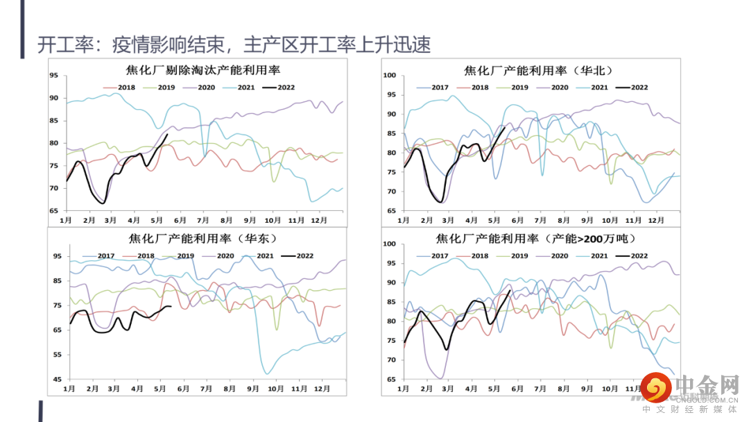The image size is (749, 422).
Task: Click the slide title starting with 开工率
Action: (234, 45)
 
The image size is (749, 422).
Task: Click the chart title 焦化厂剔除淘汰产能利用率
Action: (198, 70)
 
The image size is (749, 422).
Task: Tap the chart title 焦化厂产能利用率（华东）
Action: (203, 239)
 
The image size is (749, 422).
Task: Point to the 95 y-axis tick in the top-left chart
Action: (53, 76)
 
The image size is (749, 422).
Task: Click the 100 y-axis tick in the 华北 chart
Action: (389, 76)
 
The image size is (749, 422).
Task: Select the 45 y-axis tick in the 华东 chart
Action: (56, 380)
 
